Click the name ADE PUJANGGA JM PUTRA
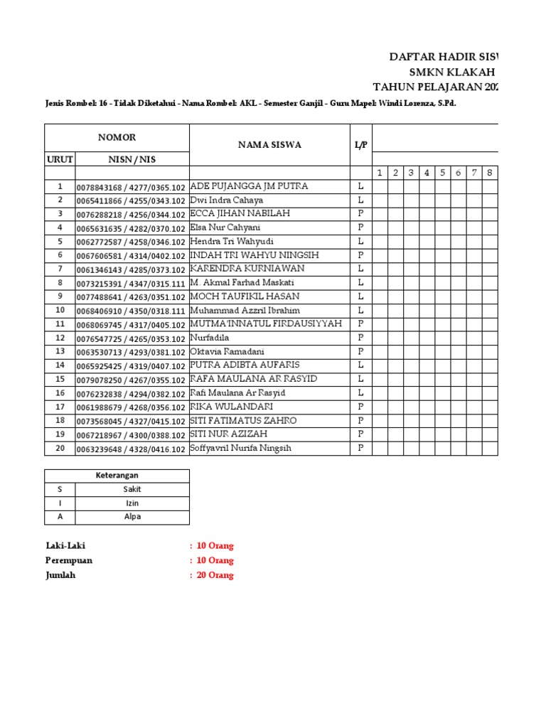(x=249, y=186)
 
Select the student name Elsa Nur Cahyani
(x=225, y=227)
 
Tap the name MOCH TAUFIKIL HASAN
(x=245, y=296)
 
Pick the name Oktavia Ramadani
(x=227, y=351)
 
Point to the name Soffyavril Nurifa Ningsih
(x=240, y=448)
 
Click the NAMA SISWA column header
(x=269, y=145)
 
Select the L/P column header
(x=360, y=145)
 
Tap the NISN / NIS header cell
(x=132, y=159)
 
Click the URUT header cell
(x=60, y=159)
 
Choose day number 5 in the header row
(x=442, y=173)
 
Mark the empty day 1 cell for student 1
(x=380, y=186)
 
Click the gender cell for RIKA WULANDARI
(x=360, y=407)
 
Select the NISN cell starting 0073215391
(x=132, y=283)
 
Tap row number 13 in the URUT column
(x=60, y=351)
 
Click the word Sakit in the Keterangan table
(x=132, y=489)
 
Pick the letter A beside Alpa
(x=60, y=517)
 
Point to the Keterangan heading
(x=117, y=475)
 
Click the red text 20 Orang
(x=215, y=575)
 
